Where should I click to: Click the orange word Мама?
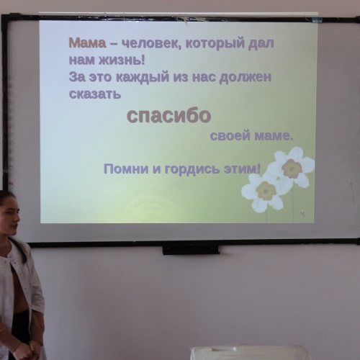[x=87, y=44]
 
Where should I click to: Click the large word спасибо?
[x=168, y=115]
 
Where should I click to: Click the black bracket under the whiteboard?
[x=191, y=249]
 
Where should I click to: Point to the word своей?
[x=228, y=135]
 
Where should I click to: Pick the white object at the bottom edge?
[x=248, y=353]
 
